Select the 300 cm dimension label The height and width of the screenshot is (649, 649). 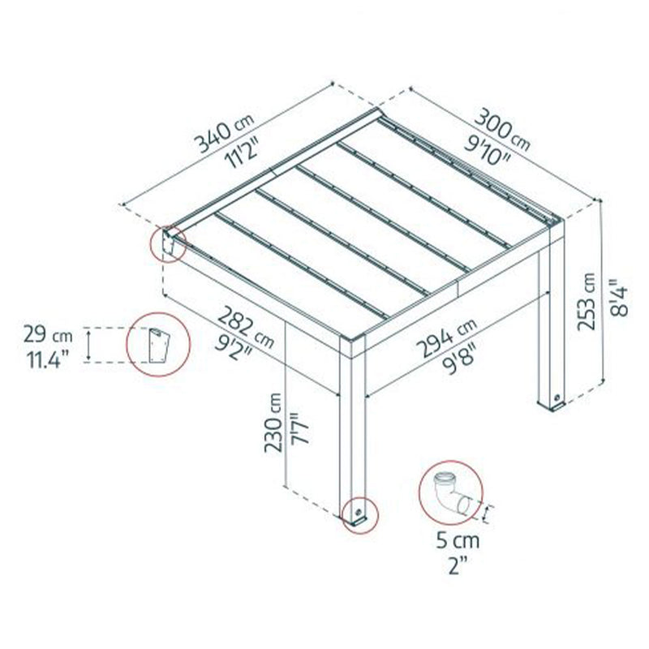click(502, 129)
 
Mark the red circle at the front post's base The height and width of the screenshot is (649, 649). click(358, 512)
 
